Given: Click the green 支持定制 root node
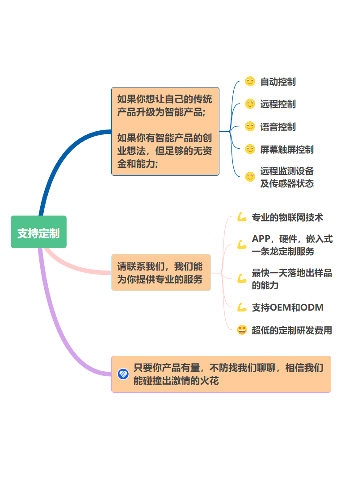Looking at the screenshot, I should (38, 232).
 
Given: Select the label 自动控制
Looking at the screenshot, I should (278, 82).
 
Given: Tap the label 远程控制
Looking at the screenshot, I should (278, 104).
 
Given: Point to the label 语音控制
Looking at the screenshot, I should (278, 127).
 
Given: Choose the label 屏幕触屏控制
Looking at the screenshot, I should (286, 150).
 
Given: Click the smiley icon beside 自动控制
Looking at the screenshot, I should (250, 81).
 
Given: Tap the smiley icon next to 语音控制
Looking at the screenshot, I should (250, 126).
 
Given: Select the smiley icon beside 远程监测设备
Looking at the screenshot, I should (250, 177).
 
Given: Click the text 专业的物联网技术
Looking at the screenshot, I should (287, 217).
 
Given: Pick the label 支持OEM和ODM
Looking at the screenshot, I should (287, 307).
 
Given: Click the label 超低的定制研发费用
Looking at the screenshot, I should (292, 330).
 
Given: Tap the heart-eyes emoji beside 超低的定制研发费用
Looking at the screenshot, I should (242, 330).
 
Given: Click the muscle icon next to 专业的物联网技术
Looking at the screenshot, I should (242, 217).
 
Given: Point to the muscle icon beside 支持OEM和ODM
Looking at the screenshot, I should (242, 307).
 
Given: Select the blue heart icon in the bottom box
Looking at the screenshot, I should (123, 374).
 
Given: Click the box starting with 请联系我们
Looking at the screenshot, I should (161, 273).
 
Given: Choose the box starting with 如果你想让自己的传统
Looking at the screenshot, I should (165, 131).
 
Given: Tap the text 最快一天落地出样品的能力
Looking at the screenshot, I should (291, 279).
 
